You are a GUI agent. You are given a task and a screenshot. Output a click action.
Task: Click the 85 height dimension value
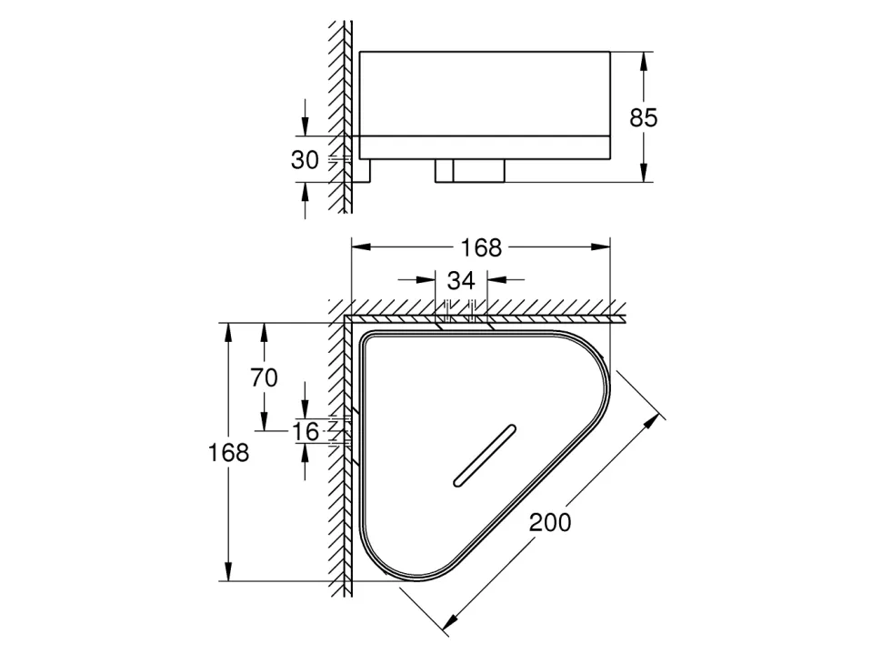(643, 116)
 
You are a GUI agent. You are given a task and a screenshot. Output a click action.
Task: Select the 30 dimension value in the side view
(305, 160)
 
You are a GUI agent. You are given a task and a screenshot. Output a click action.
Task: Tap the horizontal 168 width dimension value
(481, 247)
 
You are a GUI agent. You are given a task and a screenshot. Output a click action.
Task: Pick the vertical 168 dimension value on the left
(229, 452)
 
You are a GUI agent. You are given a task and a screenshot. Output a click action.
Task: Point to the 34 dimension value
(461, 280)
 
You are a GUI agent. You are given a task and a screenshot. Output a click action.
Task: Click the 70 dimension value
(264, 377)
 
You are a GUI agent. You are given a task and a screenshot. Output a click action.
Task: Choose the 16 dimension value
(307, 432)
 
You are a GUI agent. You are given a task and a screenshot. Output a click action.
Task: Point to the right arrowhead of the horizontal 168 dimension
(603, 247)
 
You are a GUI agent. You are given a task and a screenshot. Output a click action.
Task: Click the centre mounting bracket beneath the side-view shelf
(469, 171)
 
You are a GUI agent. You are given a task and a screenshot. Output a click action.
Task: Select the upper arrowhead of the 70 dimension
(264, 329)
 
